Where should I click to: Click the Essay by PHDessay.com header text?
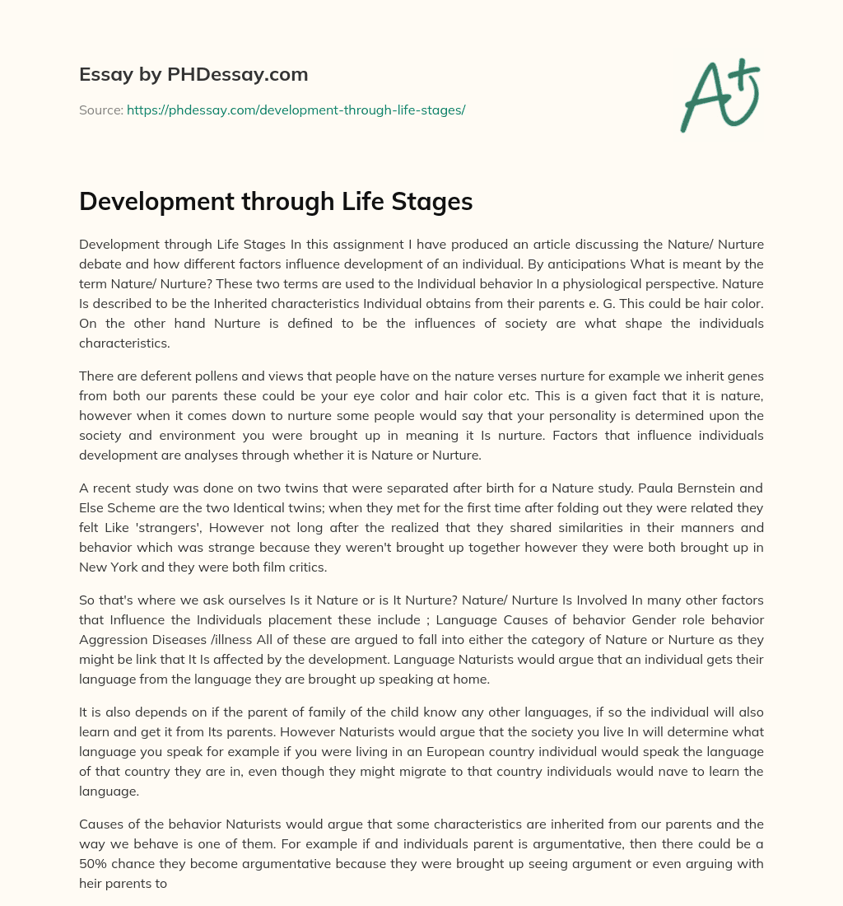tap(193, 75)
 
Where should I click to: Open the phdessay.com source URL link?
tap(296, 110)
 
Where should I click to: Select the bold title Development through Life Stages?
tap(276, 202)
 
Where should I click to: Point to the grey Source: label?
tap(100, 110)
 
